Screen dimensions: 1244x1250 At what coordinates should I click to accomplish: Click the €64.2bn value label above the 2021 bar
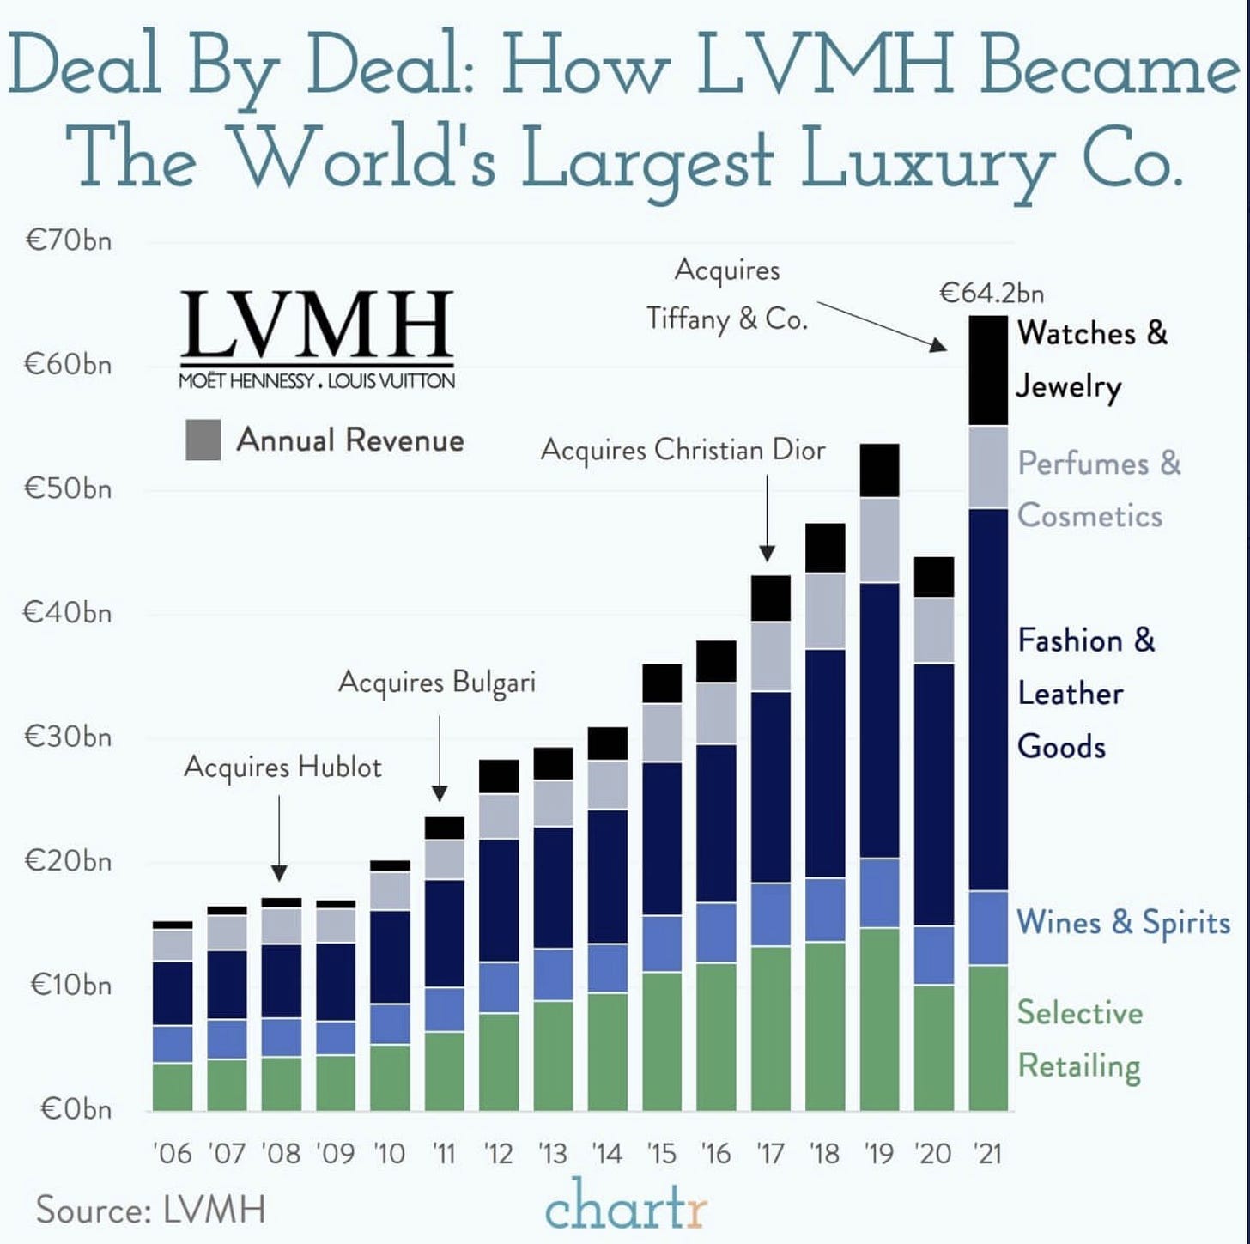992,294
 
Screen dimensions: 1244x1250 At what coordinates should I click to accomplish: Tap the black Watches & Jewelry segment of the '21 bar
987,371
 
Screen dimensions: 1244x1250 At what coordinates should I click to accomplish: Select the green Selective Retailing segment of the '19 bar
879,1019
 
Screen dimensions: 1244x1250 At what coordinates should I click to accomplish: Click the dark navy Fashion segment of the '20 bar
933,794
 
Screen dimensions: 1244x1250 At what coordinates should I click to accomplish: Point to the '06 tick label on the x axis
172,1153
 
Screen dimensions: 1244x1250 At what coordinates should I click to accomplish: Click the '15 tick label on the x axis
661,1153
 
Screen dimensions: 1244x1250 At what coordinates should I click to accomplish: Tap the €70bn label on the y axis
69,240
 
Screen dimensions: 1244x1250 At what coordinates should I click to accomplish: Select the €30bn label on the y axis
69,737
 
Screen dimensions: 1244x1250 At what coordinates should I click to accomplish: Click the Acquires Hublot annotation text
282,767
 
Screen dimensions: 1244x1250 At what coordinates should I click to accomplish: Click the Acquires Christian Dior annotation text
683,451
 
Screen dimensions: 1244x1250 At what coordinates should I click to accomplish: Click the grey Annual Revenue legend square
203,440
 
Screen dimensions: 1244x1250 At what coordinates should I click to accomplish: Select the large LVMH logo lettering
317,324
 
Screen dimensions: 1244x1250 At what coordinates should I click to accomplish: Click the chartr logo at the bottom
625,1206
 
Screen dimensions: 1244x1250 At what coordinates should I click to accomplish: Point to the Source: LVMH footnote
151,1210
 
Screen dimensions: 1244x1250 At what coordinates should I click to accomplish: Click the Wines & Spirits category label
1123,923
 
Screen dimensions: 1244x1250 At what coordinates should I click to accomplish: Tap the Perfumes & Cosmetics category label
1098,489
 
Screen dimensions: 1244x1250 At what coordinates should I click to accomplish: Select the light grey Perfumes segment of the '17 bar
770,657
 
